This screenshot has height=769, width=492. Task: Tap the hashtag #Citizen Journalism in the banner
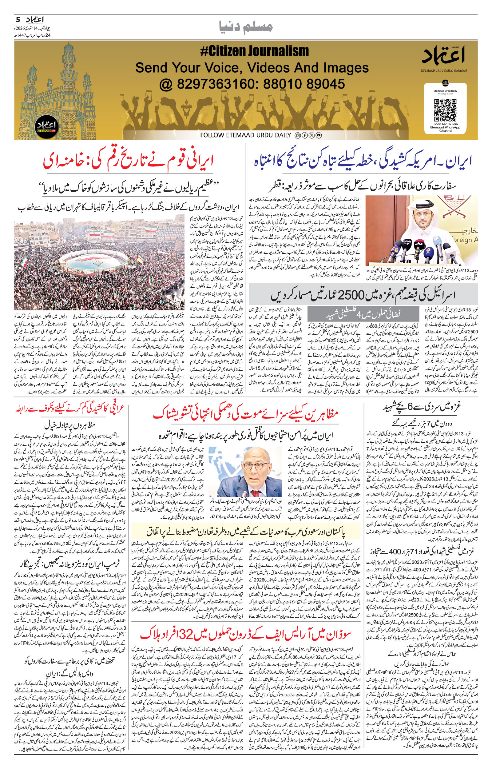pyautogui.click(x=255, y=51)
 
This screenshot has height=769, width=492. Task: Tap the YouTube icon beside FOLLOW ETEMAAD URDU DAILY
pyautogui.click(x=319, y=135)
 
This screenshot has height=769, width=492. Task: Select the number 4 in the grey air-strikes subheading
pyautogui.click(x=359, y=315)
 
